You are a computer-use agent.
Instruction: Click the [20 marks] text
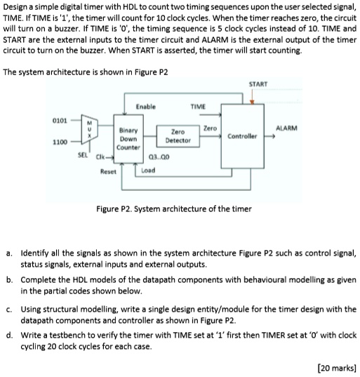337,366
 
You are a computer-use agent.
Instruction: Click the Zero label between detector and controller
209,128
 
